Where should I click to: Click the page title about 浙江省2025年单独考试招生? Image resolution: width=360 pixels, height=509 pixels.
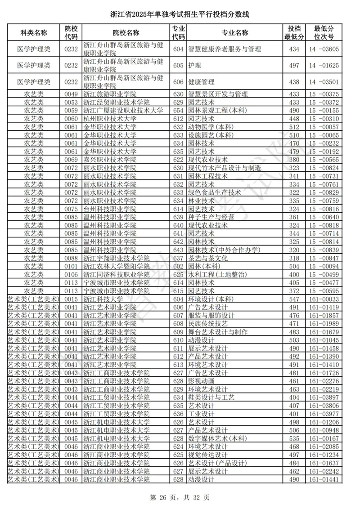[x=180, y=14]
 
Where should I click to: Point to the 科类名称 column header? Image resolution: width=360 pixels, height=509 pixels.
[x=34, y=33]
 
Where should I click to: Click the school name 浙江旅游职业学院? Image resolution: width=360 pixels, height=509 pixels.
[x=110, y=94]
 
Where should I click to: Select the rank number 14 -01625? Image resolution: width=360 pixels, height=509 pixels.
[x=324, y=66]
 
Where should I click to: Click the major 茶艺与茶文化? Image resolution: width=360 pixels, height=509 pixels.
[x=208, y=258]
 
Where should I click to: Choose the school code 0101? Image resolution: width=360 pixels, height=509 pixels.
[x=71, y=266]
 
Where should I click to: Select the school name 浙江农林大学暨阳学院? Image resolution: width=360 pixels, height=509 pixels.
[x=116, y=266]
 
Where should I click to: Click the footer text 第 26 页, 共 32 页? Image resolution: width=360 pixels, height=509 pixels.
[x=180, y=497]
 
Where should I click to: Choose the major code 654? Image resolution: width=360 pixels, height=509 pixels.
[x=178, y=111]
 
